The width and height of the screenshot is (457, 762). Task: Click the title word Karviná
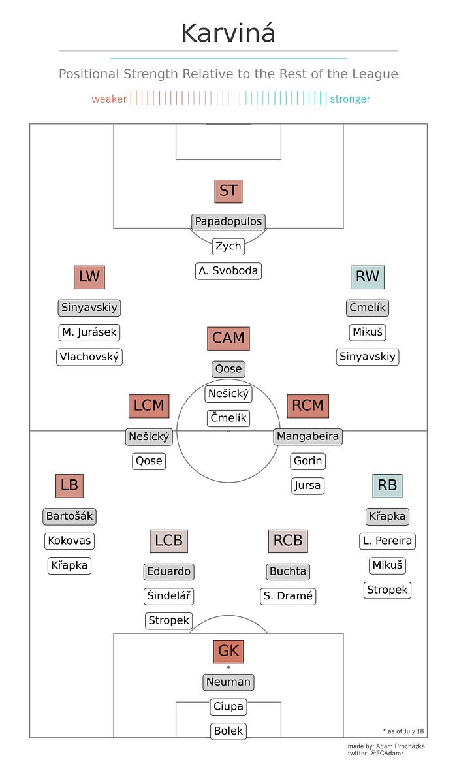coord(228,33)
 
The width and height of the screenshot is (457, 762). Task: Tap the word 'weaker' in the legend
coord(109,99)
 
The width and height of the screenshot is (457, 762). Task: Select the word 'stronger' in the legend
coord(350,99)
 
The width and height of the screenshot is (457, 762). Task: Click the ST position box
coord(228,191)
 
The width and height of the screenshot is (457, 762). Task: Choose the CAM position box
coord(228,338)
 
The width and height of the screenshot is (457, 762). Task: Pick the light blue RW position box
coord(367,277)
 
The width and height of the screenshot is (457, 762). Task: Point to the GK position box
coord(228,652)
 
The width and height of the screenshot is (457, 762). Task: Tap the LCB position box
coord(168,541)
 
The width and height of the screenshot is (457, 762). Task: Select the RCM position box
coord(307,405)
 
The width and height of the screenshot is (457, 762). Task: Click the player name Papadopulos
coord(228,221)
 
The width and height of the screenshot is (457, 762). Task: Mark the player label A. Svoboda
coord(228,271)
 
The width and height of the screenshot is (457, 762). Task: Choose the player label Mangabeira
coord(307,436)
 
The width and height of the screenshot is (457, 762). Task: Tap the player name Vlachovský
coord(89,357)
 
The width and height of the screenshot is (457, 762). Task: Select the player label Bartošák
coord(69,516)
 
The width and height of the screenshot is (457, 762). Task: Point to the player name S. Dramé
coord(288,595)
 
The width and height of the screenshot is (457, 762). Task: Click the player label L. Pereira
coord(387,541)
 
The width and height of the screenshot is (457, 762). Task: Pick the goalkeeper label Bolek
coord(228,731)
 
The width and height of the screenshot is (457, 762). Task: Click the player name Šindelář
coord(168,595)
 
